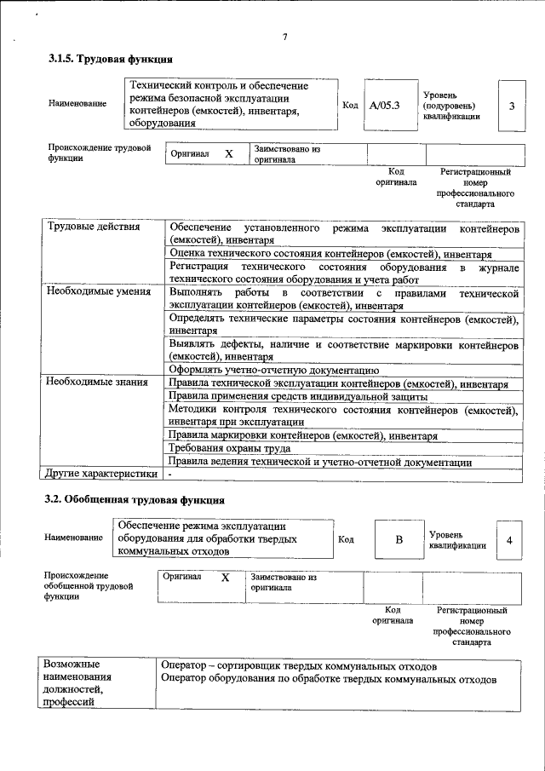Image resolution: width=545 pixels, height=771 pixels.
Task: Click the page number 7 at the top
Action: pos(285,37)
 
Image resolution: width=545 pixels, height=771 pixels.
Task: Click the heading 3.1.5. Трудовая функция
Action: pos(111,60)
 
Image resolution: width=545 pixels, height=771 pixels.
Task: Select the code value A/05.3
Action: pos(384,106)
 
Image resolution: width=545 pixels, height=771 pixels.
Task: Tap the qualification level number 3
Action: pos(511,106)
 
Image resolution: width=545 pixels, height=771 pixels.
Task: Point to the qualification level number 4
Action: pos(508,540)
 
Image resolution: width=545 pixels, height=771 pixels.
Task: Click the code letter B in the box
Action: pos(398,540)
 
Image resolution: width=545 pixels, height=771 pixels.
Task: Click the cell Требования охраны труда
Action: pos(229,448)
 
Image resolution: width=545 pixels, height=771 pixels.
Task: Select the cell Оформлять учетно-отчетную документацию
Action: pos(273,370)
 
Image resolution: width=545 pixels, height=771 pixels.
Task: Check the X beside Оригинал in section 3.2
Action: pos(225,578)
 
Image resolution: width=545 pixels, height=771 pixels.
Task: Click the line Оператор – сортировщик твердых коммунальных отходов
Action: pos(299,665)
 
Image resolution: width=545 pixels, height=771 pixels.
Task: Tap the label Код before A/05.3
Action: pos(349,105)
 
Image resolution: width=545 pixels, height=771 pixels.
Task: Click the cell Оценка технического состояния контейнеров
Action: pos(330,254)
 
